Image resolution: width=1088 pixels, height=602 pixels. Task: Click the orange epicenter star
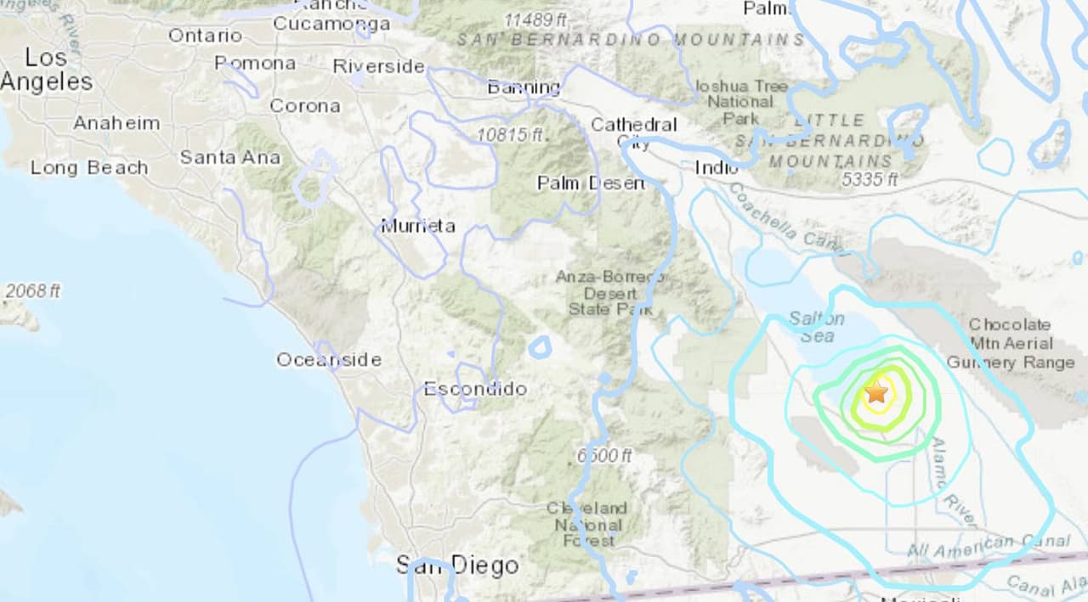(x=876, y=392)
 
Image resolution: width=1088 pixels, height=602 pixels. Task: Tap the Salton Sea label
(x=817, y=327)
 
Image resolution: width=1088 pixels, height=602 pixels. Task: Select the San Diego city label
(x=457, y=565)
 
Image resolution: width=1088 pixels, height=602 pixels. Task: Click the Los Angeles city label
(x=47, y=70)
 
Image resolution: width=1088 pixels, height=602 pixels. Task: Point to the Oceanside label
(x=328, y=360)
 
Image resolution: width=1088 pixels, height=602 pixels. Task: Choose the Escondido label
(x=475, y=389)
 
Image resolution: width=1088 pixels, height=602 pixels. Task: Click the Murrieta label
(x=417, y=226)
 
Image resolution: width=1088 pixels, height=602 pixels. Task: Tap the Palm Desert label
(x=591, y=183)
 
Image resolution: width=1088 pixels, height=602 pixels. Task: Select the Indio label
(x=716, y=167)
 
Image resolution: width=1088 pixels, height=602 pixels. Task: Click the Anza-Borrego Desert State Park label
(x=610, y=293)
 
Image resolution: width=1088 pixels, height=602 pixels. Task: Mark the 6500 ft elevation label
(x=603, y=456)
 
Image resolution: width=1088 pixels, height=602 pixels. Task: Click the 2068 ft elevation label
(x=32, y=291)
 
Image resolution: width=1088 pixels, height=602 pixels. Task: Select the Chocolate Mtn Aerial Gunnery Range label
(x=1010, y=344)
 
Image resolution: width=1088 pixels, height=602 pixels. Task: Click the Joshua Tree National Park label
(x=740, y=102)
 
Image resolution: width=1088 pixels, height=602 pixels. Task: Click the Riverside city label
(x=378, y=65)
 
